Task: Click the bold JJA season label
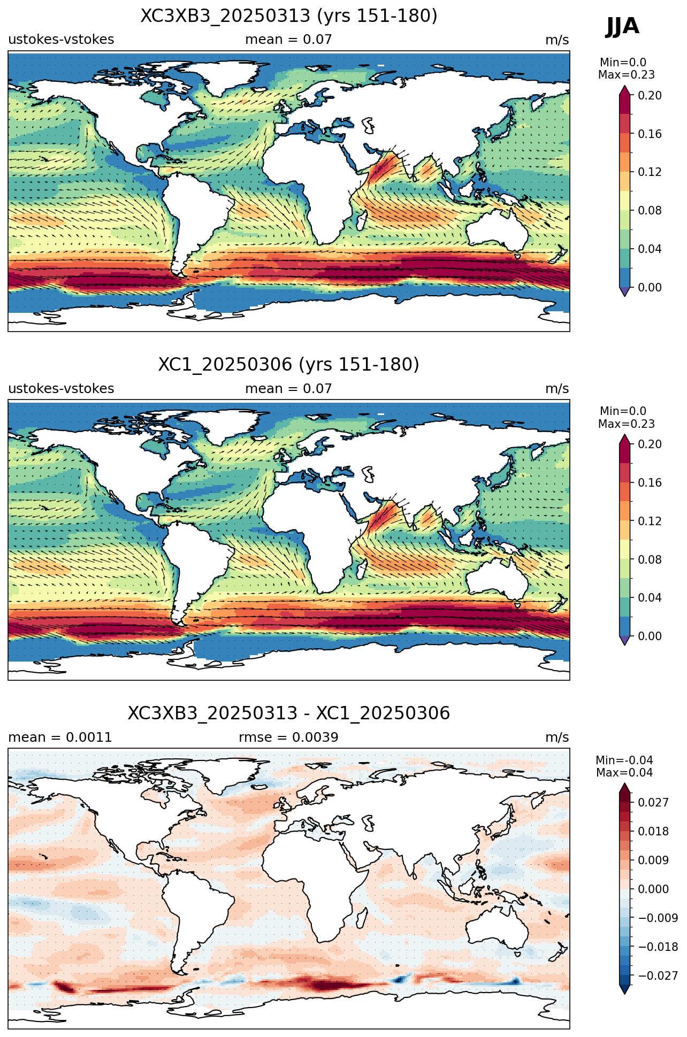622,26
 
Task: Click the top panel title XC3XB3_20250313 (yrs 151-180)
289,16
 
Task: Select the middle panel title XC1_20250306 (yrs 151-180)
289,365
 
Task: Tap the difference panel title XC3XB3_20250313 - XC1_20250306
289,713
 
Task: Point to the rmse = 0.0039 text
289,738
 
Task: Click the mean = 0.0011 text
60,738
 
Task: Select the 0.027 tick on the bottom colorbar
653,802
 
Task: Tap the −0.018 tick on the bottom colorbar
658,947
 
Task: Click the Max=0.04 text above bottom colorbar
624,773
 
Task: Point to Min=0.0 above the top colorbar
623,63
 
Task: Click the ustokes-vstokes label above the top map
61,40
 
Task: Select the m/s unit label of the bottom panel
557,738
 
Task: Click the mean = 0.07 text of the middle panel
289,389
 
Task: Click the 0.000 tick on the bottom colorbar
653,889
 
